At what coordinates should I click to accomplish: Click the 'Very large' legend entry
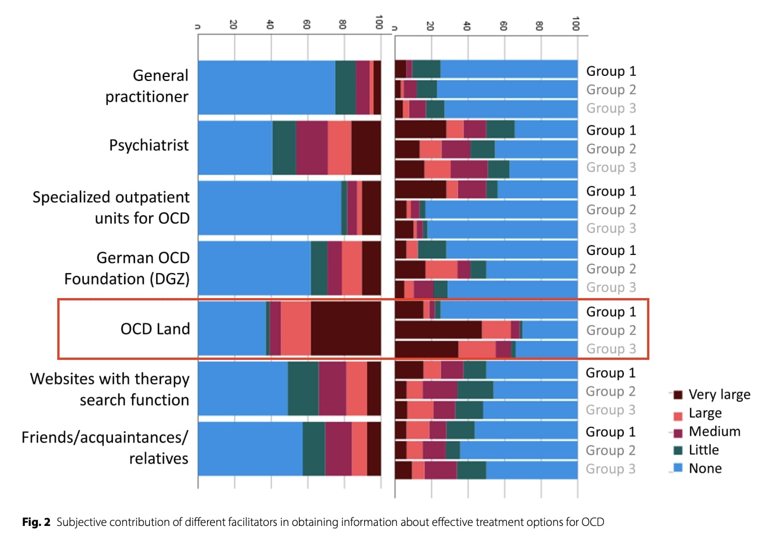pyautogui.click(x=719, y=394)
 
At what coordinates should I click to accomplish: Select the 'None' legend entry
pyautogui.click(x=705, y=469)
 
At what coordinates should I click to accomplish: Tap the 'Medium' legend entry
pyautogui.click(x=714, y=432)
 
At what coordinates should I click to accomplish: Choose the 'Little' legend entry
pyautogui.click(x=703, y=450)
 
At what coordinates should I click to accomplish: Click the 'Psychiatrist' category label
pyautogui.click(x=149, y=146)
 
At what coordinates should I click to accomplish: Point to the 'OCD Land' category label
pyautogui.click(x=155, y=329)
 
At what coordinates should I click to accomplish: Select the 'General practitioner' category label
pyautogui.click(x=147, y=86)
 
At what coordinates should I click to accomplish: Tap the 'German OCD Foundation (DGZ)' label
pyautogui.click(x=127, y=268)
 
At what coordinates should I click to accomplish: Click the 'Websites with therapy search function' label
pyautogui.click(x=110, y=389)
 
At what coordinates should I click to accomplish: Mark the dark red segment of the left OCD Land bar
pyautogui.click(x=345, y=329)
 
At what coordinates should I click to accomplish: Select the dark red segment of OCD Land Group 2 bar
pyautogui.click(x=438, y=330)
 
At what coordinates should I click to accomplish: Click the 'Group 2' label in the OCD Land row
pyautogui.click(x=611, y=330)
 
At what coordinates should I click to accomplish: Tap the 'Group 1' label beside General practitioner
pyautogui.click(x=611, y=71)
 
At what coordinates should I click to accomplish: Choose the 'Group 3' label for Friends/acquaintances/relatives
pyautogui.click(x=610, y=469)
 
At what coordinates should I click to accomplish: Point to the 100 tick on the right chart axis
pyautogui.click(x=576, y=24)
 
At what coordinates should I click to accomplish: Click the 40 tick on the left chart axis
pyautogui.click(x=270, y=24)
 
